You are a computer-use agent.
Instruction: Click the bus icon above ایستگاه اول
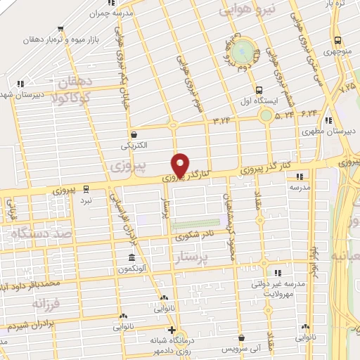[x=259, y=90]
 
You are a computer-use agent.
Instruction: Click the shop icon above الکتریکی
[x=134, y=134]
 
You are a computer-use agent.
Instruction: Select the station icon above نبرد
[x=86, y=188]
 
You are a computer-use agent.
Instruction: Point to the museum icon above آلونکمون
[x=131, y=257]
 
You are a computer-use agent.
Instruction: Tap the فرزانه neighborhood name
[x=48, y=304]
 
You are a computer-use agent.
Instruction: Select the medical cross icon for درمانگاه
[x=171, y=330]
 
